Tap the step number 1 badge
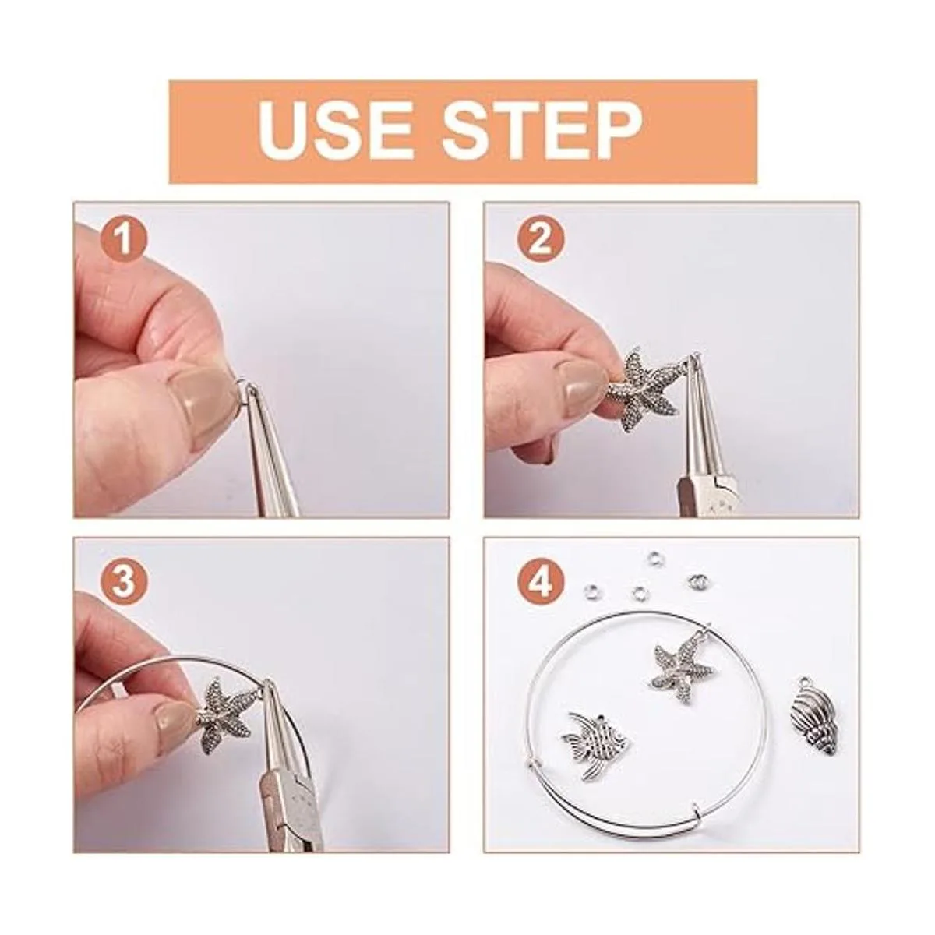click(123, 241)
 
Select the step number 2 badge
click(541, 241)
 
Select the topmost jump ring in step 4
click(654, 558)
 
